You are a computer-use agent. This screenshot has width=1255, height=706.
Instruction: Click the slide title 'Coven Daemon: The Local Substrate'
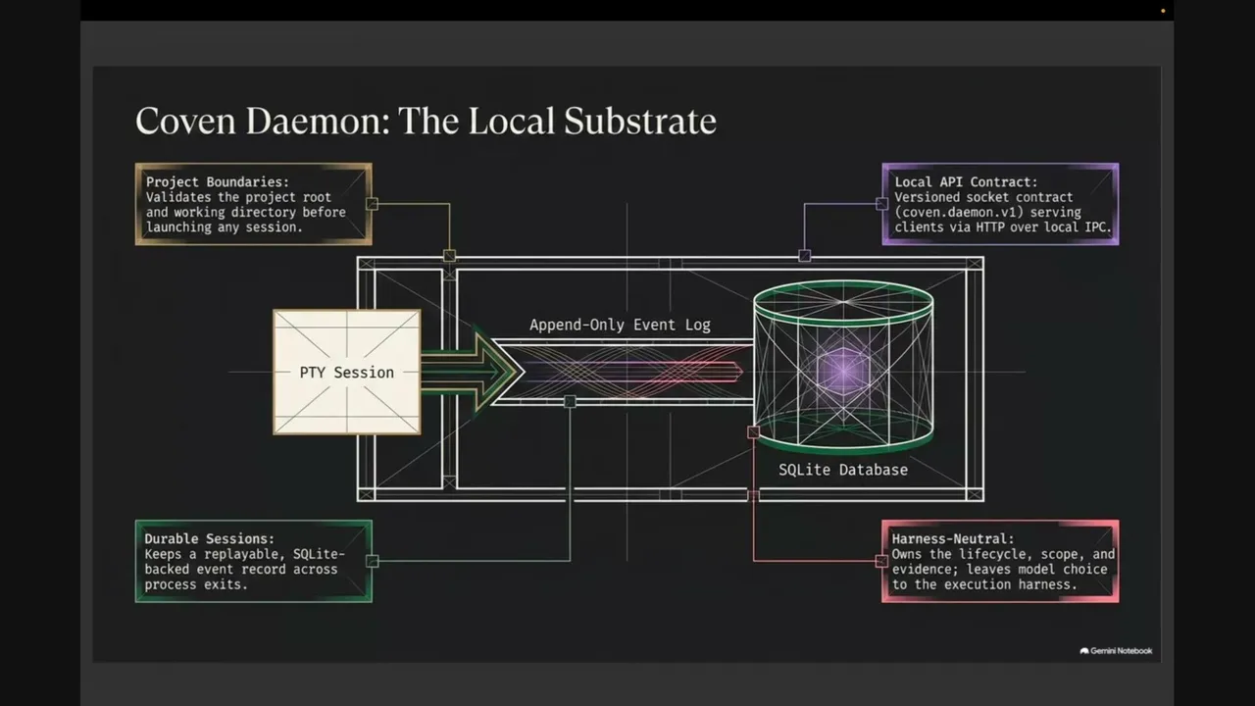pos(426,121)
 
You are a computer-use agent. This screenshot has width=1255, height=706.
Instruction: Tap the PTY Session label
pos(347,373)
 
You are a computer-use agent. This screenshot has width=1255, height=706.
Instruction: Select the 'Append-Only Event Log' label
pos(620,325)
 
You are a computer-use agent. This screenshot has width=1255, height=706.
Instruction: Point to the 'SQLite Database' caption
pos(843,470)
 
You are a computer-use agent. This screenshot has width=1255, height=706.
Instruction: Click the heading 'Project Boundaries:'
pos(218,182)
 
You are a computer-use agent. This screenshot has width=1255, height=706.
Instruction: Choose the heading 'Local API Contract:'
pos(966,182)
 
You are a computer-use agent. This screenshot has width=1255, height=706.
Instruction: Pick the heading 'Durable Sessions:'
pos(210,539)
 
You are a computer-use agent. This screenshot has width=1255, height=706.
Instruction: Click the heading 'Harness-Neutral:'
pos(953,539)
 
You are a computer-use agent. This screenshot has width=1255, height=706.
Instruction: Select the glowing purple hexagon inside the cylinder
pos(843,371)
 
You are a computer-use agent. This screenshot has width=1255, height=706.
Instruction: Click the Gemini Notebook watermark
pos(1116,650)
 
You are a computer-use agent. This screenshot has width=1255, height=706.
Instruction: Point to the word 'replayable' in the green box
pos(244,554)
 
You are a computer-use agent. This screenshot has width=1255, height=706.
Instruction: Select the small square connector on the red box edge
pos(881,561)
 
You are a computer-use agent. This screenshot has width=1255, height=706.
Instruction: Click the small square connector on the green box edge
pos(372,561)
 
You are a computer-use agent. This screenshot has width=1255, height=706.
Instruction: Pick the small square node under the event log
pos(570,401)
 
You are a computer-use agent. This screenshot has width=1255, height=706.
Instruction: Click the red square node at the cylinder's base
pos(754,432)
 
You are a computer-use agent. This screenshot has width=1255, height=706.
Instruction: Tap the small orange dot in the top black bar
pos(1163,11)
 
